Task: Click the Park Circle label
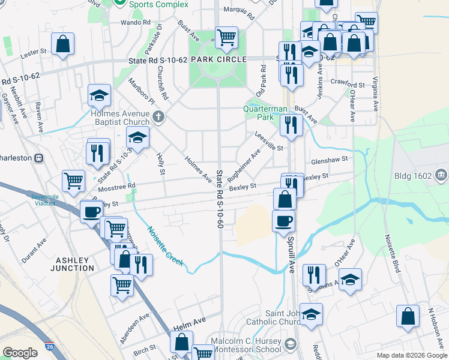pyautogui.click(x=218, y=60)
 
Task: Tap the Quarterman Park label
pyautogui.click(x=265, y=113)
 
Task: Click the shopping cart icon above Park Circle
pyautogui.click(x=226, y=37)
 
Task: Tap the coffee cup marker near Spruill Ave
pyautogui.click(x=284, y=220)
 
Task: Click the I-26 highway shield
pyautogui.click(x=49, y=347)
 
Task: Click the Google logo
pyautogui.click(x=20, y=352)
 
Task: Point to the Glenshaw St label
pyautogui.click(x=330, y=160)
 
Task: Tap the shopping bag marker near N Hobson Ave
pyautogui.click(x=408, y=316)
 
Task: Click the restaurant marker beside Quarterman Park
pyautogui.click(x=291, y=125)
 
